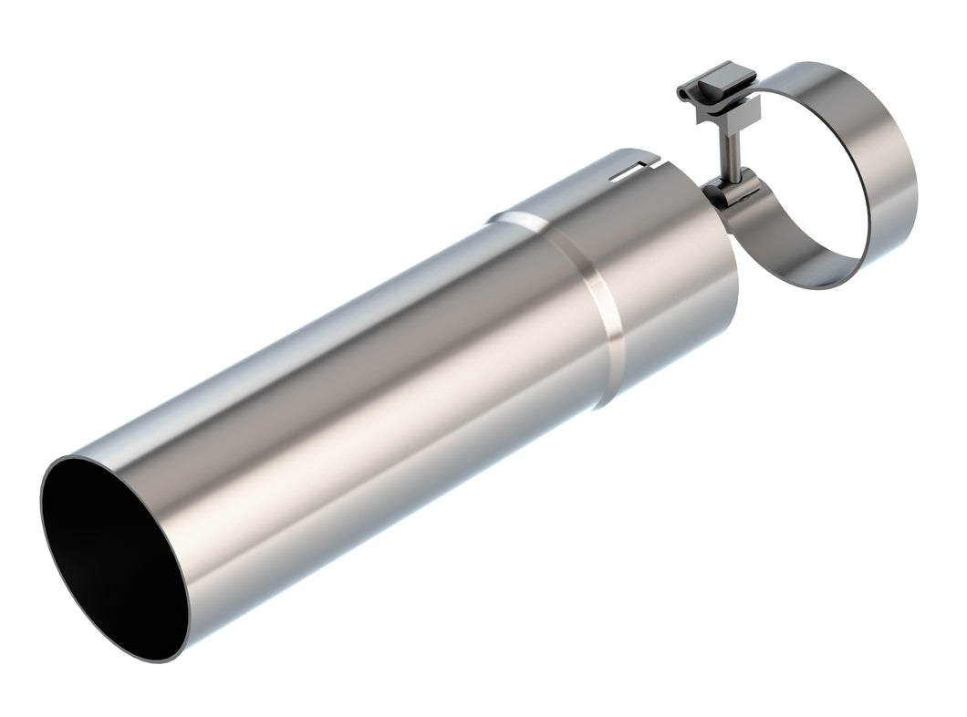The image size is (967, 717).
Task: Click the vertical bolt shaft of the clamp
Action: [x=733, y=146]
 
